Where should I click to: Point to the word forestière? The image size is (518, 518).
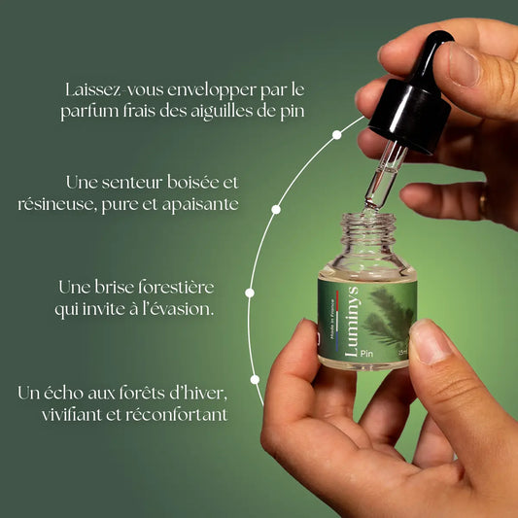point(176,287)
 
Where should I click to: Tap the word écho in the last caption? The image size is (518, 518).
point(63,393)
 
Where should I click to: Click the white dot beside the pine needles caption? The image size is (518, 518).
point(336,135)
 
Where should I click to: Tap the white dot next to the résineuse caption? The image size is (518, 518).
point(276,210)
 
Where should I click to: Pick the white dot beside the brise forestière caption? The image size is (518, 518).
point(250,294)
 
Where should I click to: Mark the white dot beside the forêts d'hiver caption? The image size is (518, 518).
point(255,380)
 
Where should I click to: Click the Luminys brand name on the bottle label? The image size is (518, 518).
point(351,322)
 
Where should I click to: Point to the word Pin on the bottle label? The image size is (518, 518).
point(366,354)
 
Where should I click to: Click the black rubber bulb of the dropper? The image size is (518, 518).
point(431,56)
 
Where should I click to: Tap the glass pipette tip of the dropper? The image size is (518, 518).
point(370,204)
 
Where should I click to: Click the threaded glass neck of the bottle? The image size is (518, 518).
point(368,229)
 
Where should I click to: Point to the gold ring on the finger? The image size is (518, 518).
point(483,200)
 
